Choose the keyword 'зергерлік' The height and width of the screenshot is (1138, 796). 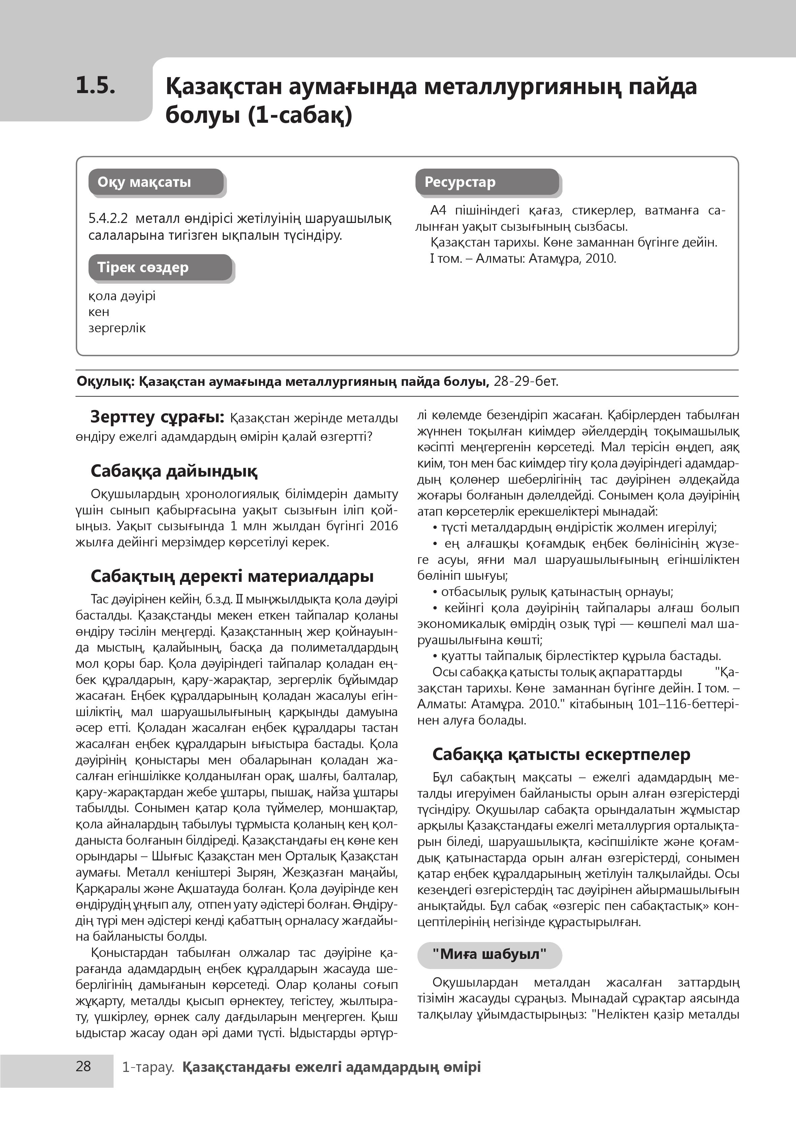point(117,328)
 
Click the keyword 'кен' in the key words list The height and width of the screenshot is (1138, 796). point(98,312)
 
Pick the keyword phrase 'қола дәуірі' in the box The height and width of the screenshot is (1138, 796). point(122,296)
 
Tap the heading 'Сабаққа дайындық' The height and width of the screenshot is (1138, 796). point(174,471)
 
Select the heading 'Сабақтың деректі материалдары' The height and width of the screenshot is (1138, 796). point(232,576)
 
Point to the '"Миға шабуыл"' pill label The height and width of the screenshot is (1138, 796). point(489,954)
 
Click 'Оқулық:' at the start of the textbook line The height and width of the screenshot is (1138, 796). point(105,382)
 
